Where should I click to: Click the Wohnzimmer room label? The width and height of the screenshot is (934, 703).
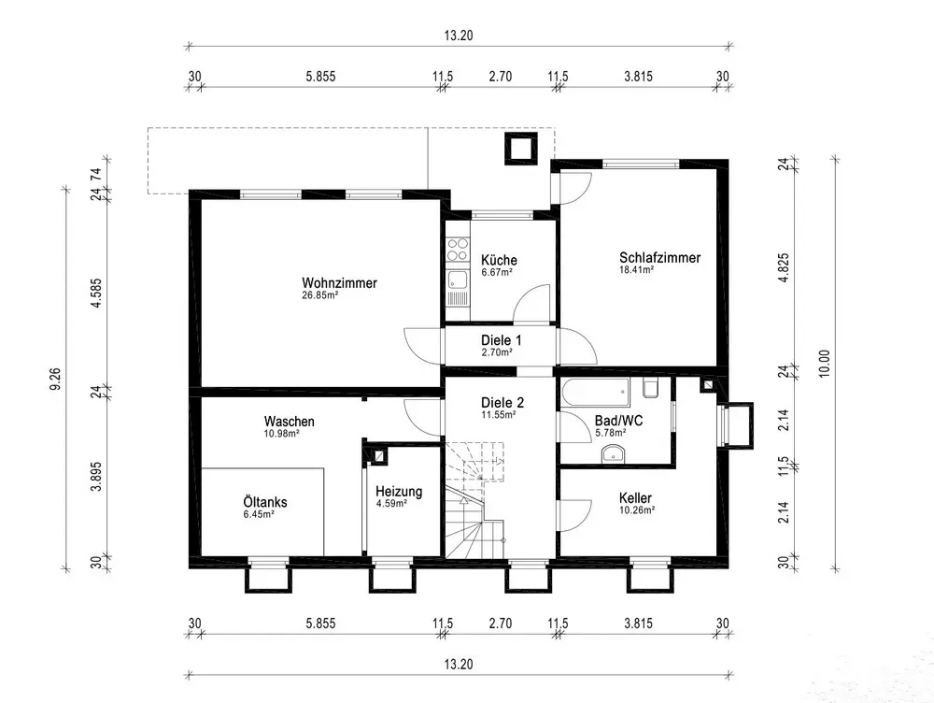(x=339, y=282)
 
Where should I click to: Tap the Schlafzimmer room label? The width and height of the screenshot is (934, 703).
(x=659, y=258)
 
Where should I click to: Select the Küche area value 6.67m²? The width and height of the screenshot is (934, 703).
(x=497, y=272)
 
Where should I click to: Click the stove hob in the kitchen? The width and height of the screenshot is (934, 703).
(x=458, y=250)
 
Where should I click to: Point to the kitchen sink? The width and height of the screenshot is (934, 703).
(x=458, y=280)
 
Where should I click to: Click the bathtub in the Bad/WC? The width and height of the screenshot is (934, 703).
(x=595, y=393)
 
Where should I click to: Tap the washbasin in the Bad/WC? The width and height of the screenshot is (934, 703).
(x=613, y=453)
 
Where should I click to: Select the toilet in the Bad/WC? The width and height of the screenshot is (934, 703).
(x=650, y=387)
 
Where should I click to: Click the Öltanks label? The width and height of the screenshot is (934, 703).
(x=265, y=501)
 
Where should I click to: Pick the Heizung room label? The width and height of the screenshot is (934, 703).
(x=399, y=492)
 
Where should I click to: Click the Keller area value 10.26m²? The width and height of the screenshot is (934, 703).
(x=637, y=510)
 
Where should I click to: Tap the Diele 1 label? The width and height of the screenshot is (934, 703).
(x=501, y=340)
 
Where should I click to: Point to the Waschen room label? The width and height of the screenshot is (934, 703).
(x=289, y=422)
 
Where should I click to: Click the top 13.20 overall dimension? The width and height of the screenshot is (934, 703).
(x=458, y=36)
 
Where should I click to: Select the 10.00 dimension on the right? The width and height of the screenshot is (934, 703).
(x=824, y=364)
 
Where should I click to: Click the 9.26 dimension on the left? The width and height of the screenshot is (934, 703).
(x=55, y=380)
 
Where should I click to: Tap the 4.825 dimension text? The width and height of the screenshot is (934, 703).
(x=784, y=267)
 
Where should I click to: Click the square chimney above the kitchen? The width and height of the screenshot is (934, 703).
(x=521, y=148)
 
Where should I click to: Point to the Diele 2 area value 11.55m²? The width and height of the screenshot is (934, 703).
(x=499, y=414)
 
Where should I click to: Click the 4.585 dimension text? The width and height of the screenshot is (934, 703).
(x=95, y=293)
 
